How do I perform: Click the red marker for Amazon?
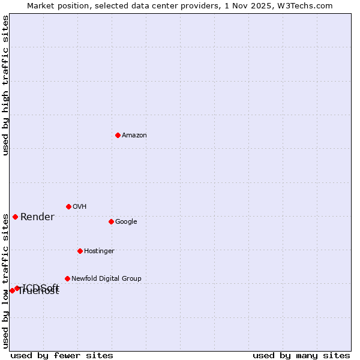118,135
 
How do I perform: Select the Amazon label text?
134,136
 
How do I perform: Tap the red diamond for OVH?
68,206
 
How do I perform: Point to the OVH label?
80,207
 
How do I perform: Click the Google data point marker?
111,221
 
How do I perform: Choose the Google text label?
126,222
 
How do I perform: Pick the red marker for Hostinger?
80,251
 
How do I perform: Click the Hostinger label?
99,251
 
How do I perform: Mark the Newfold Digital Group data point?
67,278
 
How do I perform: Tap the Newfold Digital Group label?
106,279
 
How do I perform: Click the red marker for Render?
15,217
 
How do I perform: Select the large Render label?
37,217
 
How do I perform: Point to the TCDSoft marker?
17,288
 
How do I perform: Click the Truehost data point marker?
12,290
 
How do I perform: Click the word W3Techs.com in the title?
304,5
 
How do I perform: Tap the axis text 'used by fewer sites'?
62,356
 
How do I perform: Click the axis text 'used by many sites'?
301,356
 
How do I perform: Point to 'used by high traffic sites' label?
6,85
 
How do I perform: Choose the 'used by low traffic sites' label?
6,272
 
